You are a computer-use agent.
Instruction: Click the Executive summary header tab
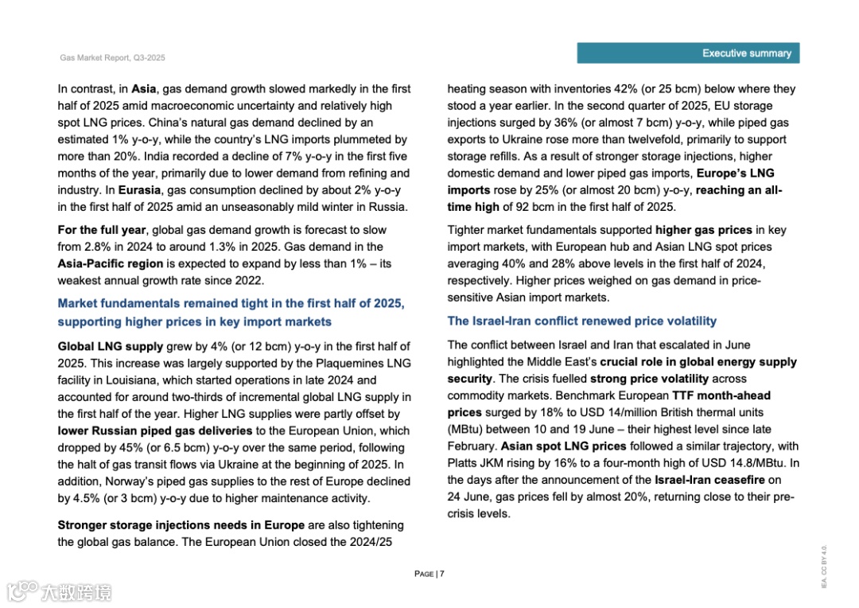pos(688,53)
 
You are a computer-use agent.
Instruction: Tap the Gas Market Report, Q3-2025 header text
pos(112,58)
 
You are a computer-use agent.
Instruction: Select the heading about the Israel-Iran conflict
pos(581,321)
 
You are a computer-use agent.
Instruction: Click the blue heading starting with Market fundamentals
pos(231,312)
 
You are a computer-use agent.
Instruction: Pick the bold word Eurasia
pos(139,190)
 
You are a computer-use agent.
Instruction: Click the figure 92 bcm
pos(536,207)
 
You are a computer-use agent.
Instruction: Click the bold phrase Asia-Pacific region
pos(110,263)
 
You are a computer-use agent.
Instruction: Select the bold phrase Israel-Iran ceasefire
pos(709,480)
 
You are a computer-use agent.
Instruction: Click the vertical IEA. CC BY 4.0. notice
pos(824,567)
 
